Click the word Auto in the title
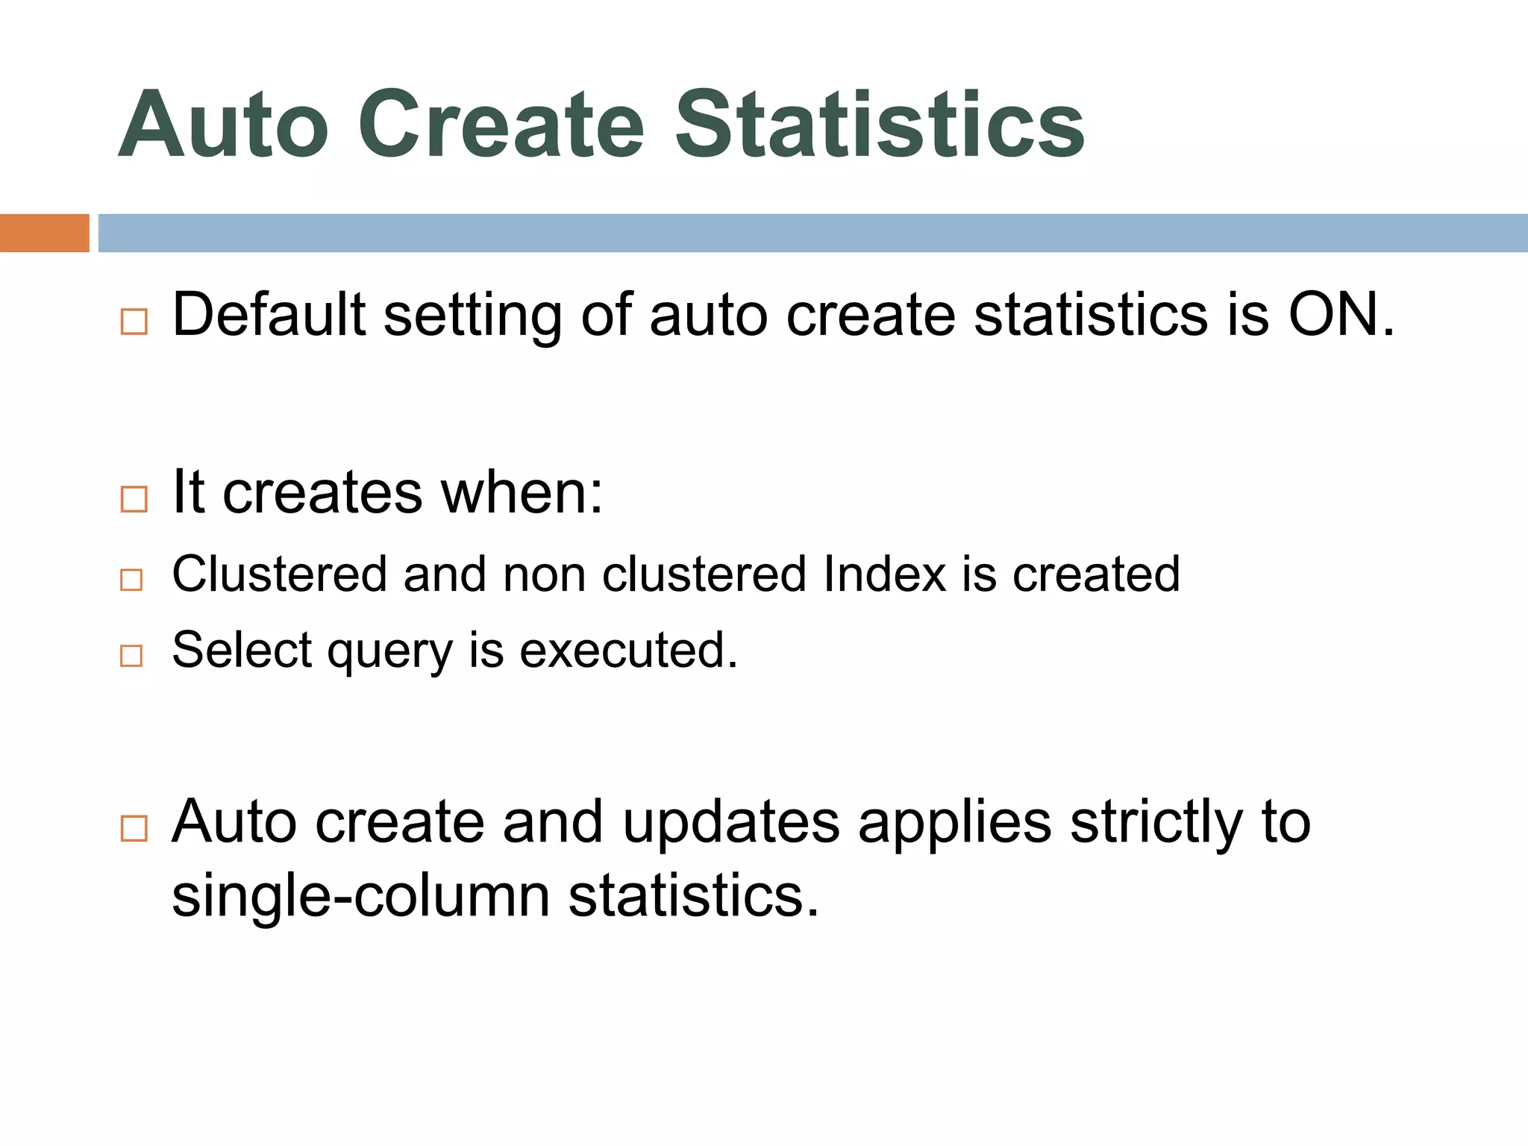223,125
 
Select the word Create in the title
501,125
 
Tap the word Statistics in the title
880,125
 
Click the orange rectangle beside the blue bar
44,233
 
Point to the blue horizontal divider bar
812,233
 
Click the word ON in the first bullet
1340,315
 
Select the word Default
269,315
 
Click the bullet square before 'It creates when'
134,498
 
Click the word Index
885,574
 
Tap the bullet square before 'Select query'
131,655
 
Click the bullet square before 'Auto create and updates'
134,828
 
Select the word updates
731,824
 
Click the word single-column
361,895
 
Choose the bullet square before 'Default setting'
134,322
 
